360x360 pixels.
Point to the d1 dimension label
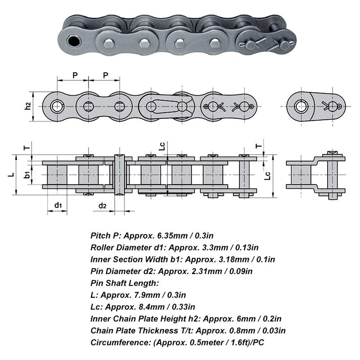tap(58, 206)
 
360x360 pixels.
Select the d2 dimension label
tap(103, 206)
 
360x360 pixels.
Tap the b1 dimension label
tap(28, 173)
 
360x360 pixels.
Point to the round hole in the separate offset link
tap(301, 106)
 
